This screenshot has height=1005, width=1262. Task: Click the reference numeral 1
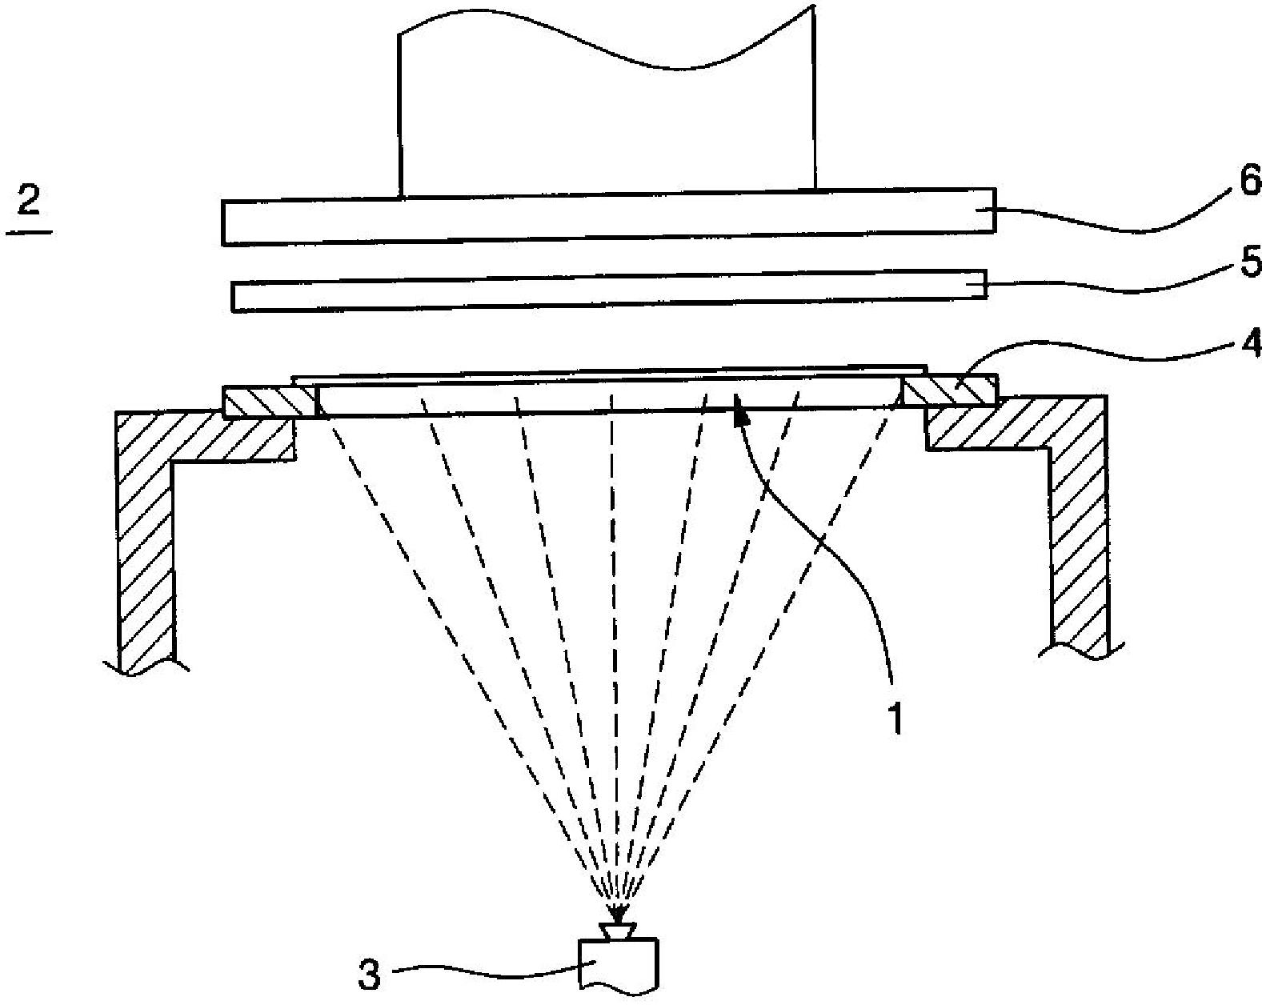tap(895, 718)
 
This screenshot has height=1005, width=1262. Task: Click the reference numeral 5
tap(1249, 263)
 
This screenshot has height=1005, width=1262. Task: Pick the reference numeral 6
tap(1249, 183)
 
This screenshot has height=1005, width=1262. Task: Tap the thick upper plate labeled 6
tap(608, 216)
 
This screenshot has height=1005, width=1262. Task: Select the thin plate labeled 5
tap(608, 294)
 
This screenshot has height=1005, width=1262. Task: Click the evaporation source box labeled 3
tap(619, 963)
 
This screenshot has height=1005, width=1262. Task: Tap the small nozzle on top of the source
tap(618, 931)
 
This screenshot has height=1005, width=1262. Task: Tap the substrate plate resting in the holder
tap(608, 397)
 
